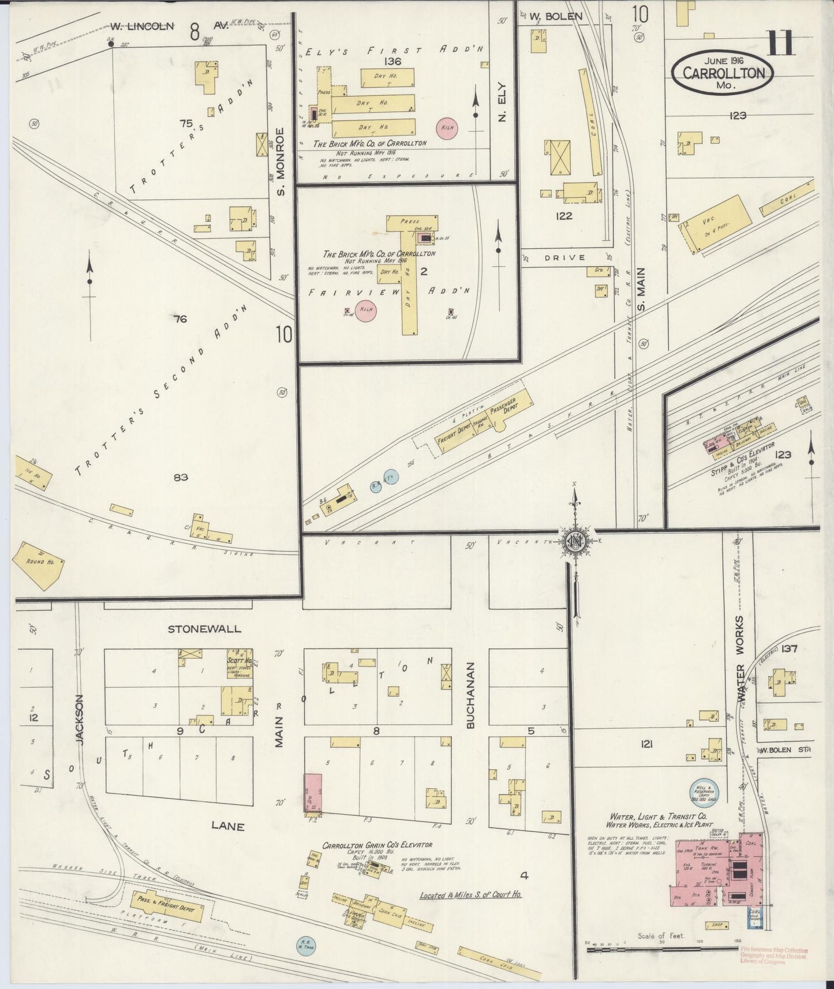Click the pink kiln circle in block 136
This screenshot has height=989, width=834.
pyautogui.click(x=447, y=128)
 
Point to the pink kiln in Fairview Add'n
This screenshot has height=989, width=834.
pyautogui.click(x=366, y=310)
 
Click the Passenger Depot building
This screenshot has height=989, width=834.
pyautogui.click(x=511, y=409)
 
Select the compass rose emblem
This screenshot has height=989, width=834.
pyautogui.click(x=575, y=540)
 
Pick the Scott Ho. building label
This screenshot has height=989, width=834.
pyautogui.click(x=239, y=661)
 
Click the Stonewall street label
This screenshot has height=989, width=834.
pyautogui.click(x=204, y=628)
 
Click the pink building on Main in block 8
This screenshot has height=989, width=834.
pyautogui.click(x=313, y=793)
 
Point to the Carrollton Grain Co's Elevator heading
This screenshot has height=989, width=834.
pyautogui.click(x=377, y=845)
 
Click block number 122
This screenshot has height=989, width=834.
pyautogui.click(x=563, y=216)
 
